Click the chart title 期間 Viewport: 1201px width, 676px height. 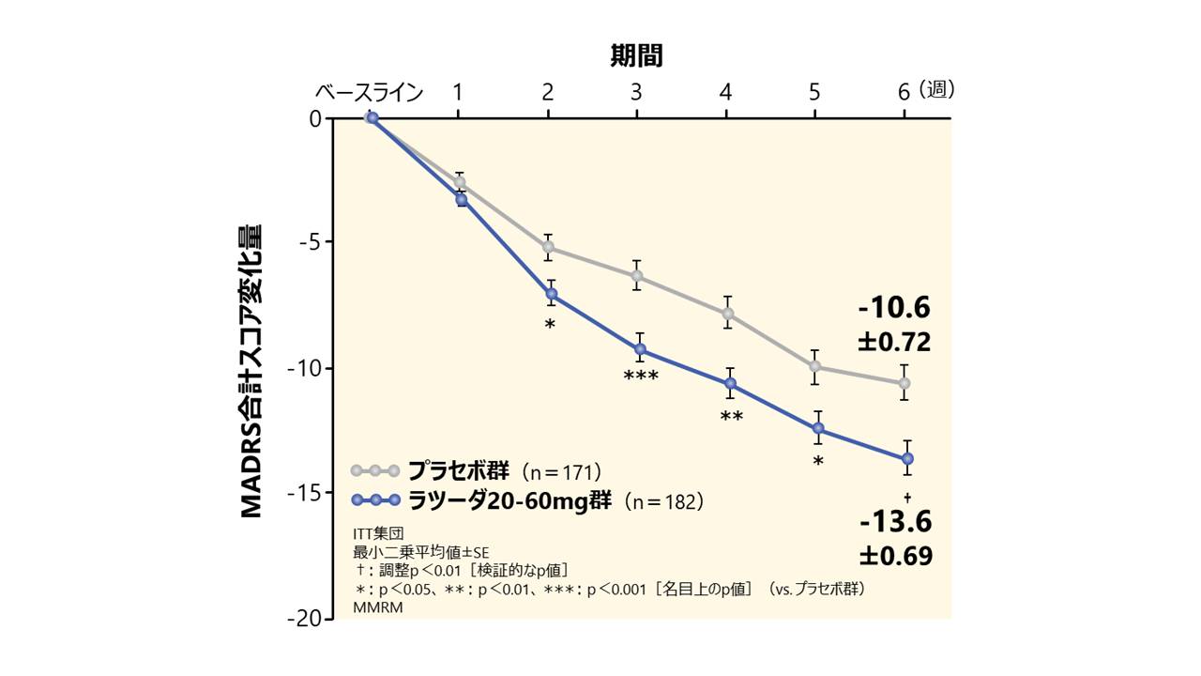click(636, 56)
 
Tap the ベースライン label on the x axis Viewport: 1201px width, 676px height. click(369, 92)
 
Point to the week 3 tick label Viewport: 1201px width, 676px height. click(636, 92)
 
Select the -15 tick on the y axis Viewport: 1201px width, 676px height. click(308, 493)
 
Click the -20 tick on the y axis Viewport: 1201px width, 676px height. click(308, 619)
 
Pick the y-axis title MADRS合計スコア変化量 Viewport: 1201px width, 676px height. click(251, 371)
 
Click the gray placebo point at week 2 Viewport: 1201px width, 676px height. click(548, 247)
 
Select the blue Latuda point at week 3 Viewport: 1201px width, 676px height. click(639, 348)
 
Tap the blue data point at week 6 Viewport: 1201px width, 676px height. click(907, 458)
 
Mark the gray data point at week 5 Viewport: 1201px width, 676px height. click(815, 366)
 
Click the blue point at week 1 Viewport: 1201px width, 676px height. click(461, 200)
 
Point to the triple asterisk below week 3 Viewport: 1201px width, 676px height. click(641, 377)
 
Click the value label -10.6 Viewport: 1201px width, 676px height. click(892, 308)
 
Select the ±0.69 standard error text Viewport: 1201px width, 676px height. click(894, 556)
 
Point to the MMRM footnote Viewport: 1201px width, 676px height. click(372, 607)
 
